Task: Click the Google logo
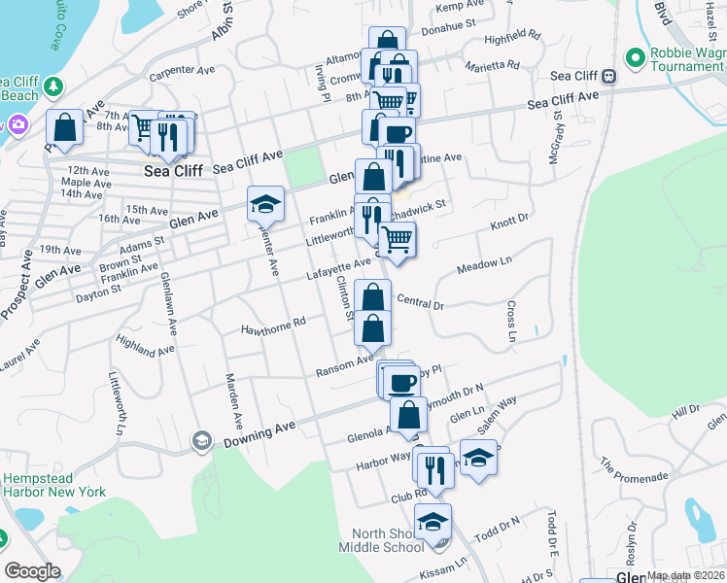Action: tap(32, 571)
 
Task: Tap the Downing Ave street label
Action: tap(259, 433)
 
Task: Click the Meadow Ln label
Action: tap(484, 264)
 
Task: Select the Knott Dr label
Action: tap(508, 223)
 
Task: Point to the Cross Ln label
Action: tap(511, 322)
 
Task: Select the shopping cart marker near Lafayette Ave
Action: tap(397, 238)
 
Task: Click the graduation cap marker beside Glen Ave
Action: tap(265, 204)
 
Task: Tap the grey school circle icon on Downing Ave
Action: tap(202, 441)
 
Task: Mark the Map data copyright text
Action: tap(685, 575)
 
